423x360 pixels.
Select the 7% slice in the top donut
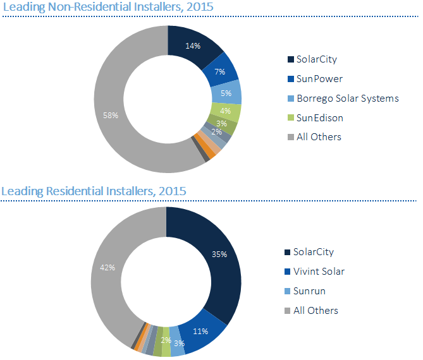(221, 71)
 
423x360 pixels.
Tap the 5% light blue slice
(226, 93)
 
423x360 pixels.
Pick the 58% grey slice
(111, 116)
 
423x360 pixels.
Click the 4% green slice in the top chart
(225, 111)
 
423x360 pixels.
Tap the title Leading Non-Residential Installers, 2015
(108, 7)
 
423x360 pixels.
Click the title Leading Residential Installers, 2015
(94, 190)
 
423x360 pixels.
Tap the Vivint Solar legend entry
(319, 272)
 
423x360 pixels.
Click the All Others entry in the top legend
(319, 136)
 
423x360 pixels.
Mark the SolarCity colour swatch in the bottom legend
(288, 252)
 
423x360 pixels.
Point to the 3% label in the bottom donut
(180, 343)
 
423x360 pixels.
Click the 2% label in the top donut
(216, 132)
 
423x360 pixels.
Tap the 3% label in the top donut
(221, 123)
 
